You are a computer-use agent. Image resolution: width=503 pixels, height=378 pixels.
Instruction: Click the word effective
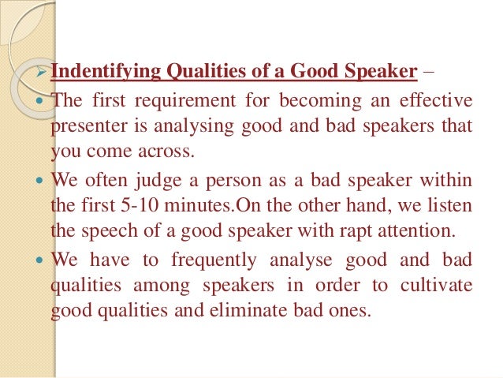[x=434, y=100]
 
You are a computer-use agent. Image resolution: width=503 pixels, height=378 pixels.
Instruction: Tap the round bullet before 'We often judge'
[x=43, y=180]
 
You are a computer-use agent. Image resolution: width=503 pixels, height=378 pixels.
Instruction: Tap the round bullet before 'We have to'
[x=43, y=258]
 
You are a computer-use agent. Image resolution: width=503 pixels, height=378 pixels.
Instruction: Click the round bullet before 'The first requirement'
[x=43, y=101]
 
